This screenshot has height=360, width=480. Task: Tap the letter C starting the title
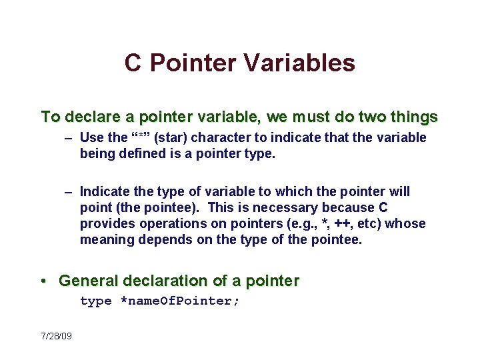tap(133, 63)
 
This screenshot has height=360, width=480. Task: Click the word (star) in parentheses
tap(172, 138)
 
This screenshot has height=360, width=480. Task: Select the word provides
tap(105, 224)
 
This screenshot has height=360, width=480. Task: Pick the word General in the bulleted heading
tap(86, 281)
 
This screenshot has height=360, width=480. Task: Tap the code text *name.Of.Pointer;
tap(179, 301)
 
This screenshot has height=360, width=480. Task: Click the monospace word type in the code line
tap(96, 301)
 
